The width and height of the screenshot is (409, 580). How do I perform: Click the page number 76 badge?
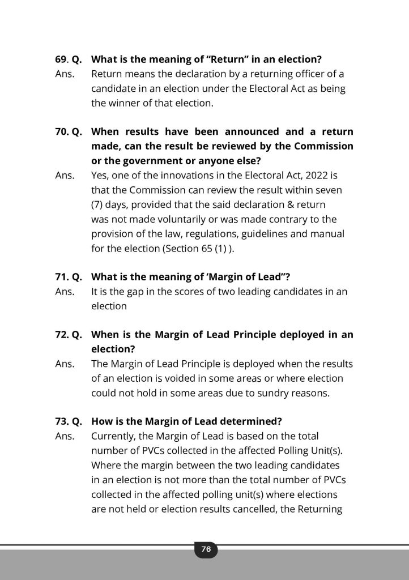tap(206, 549)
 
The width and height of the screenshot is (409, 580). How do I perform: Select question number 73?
tap(62, 421)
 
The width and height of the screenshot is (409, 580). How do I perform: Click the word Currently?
tap(113, 436)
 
